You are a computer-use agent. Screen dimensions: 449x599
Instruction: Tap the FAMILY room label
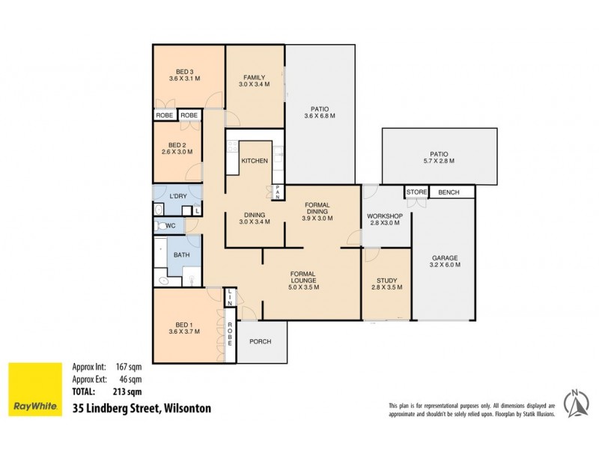pos(254,77)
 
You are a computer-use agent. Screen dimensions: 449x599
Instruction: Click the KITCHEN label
pos(255,162)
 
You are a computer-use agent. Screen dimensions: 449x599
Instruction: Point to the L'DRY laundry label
pos(177,196)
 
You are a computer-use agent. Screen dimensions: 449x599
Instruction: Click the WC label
pos(171,225)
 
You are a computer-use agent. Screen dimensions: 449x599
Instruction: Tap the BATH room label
pos(182,255)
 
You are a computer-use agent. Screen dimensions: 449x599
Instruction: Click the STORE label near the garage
pos(417,192)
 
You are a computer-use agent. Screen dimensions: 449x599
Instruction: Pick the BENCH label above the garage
pos(449,192)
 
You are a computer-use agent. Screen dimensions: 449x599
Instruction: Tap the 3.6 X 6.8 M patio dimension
pos(319,116)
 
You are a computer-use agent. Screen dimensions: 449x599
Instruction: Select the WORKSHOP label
pos(385,216)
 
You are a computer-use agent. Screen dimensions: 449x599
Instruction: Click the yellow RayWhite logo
pos(34,389)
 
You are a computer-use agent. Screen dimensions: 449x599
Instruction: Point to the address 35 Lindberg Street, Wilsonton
pos(142,409)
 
